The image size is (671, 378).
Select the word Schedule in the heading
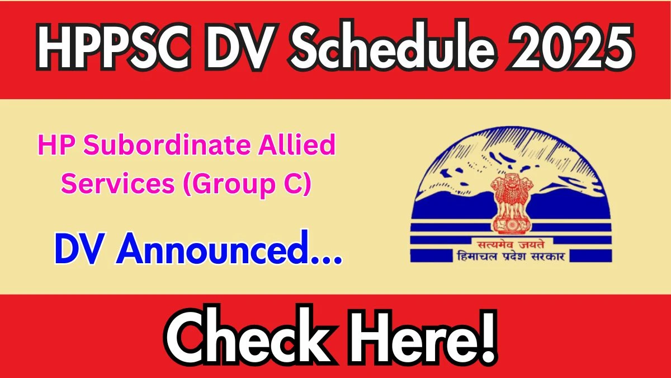click(392, 45)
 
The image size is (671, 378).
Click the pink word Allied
click(297, 144)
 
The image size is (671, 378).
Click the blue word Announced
click(212, 248)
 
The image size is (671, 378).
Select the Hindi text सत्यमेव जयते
click(511, 245)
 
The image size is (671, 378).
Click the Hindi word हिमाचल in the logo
click(477, 257)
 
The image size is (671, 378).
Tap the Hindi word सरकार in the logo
click(548, 257)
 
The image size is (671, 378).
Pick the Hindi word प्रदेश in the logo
click(513, 257)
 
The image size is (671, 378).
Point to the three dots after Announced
click(326, 260)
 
